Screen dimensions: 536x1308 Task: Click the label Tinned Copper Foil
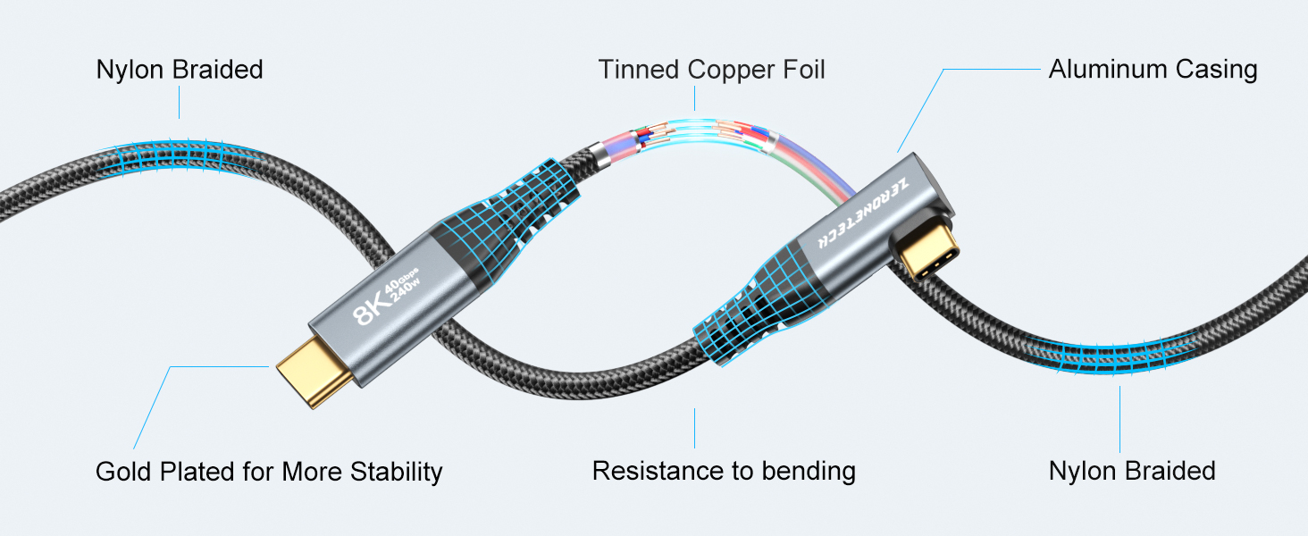click(711, 70)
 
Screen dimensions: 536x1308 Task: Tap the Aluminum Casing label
click(1153, 70)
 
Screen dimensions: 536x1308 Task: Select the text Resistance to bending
click(724, 471)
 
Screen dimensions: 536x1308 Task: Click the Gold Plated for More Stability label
click(269, 471)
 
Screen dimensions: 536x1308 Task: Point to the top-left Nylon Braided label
click(180, 70)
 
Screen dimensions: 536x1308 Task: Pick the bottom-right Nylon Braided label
click(1132, 471)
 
